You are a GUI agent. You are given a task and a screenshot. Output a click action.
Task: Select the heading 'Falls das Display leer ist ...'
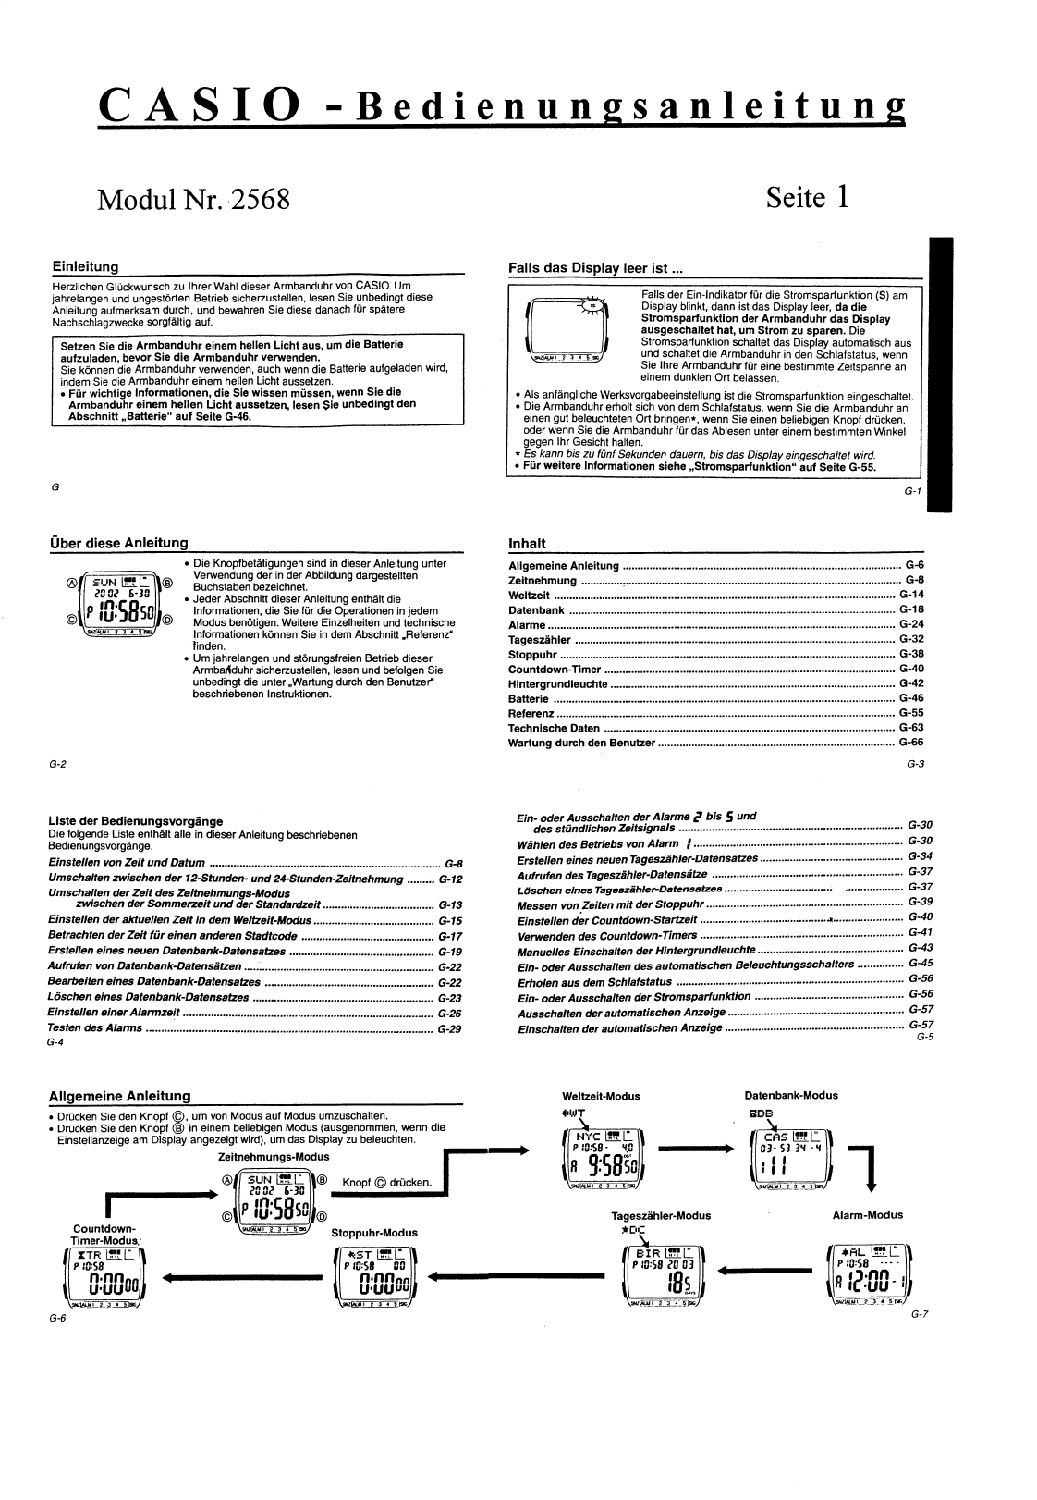click(596, 268)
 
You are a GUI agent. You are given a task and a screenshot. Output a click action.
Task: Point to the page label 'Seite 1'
click(807, 197)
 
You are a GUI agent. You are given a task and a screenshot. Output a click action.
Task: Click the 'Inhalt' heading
click(528, 543)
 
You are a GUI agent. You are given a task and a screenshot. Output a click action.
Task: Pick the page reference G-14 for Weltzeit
click(910, 595)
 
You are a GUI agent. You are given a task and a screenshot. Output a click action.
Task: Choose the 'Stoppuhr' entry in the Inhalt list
click(531, 654)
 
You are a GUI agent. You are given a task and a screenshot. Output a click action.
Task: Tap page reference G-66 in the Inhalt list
click(910, 743)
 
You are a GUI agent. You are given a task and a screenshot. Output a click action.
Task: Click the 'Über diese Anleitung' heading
click(118, 543)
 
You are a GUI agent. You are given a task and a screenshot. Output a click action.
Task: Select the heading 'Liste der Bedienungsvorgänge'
click(135, 820)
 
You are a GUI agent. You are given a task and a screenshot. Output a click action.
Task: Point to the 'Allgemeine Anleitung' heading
click(119, 1096)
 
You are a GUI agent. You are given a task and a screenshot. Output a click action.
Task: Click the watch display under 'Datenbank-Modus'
click(790, 1156)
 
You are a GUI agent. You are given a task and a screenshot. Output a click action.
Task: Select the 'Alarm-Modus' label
click(867, 1215)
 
